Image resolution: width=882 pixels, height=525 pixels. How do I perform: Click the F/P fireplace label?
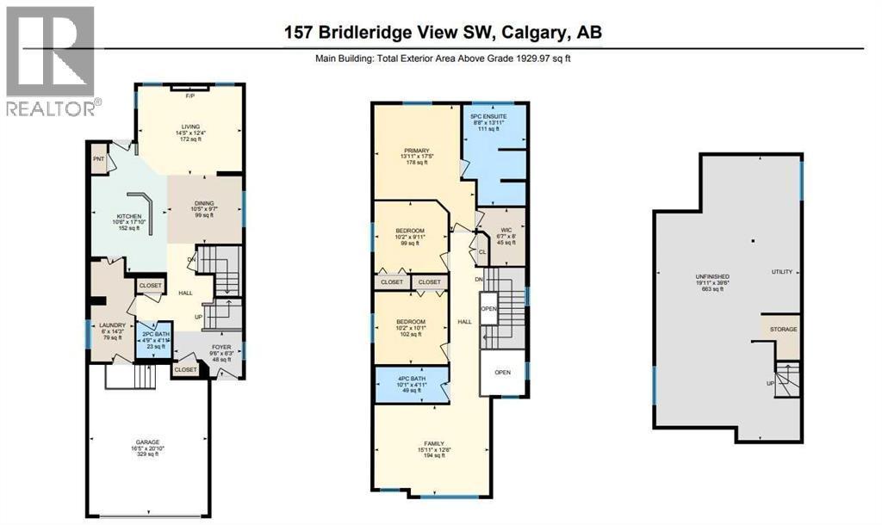191,96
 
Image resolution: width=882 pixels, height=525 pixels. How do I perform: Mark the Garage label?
146,443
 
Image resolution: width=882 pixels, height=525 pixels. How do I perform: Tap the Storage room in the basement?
783,330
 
